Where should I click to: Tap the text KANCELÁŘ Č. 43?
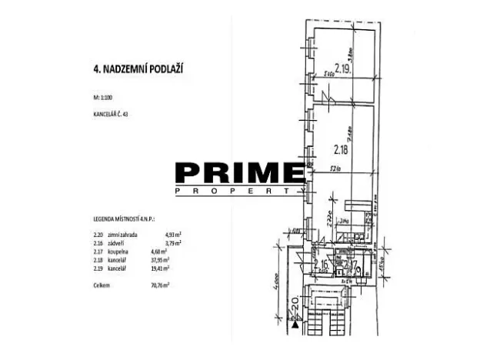(x=108, y=114)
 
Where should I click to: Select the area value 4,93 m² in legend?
(x=176, y=234)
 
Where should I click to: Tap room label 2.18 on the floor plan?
(x=342, y=149)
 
